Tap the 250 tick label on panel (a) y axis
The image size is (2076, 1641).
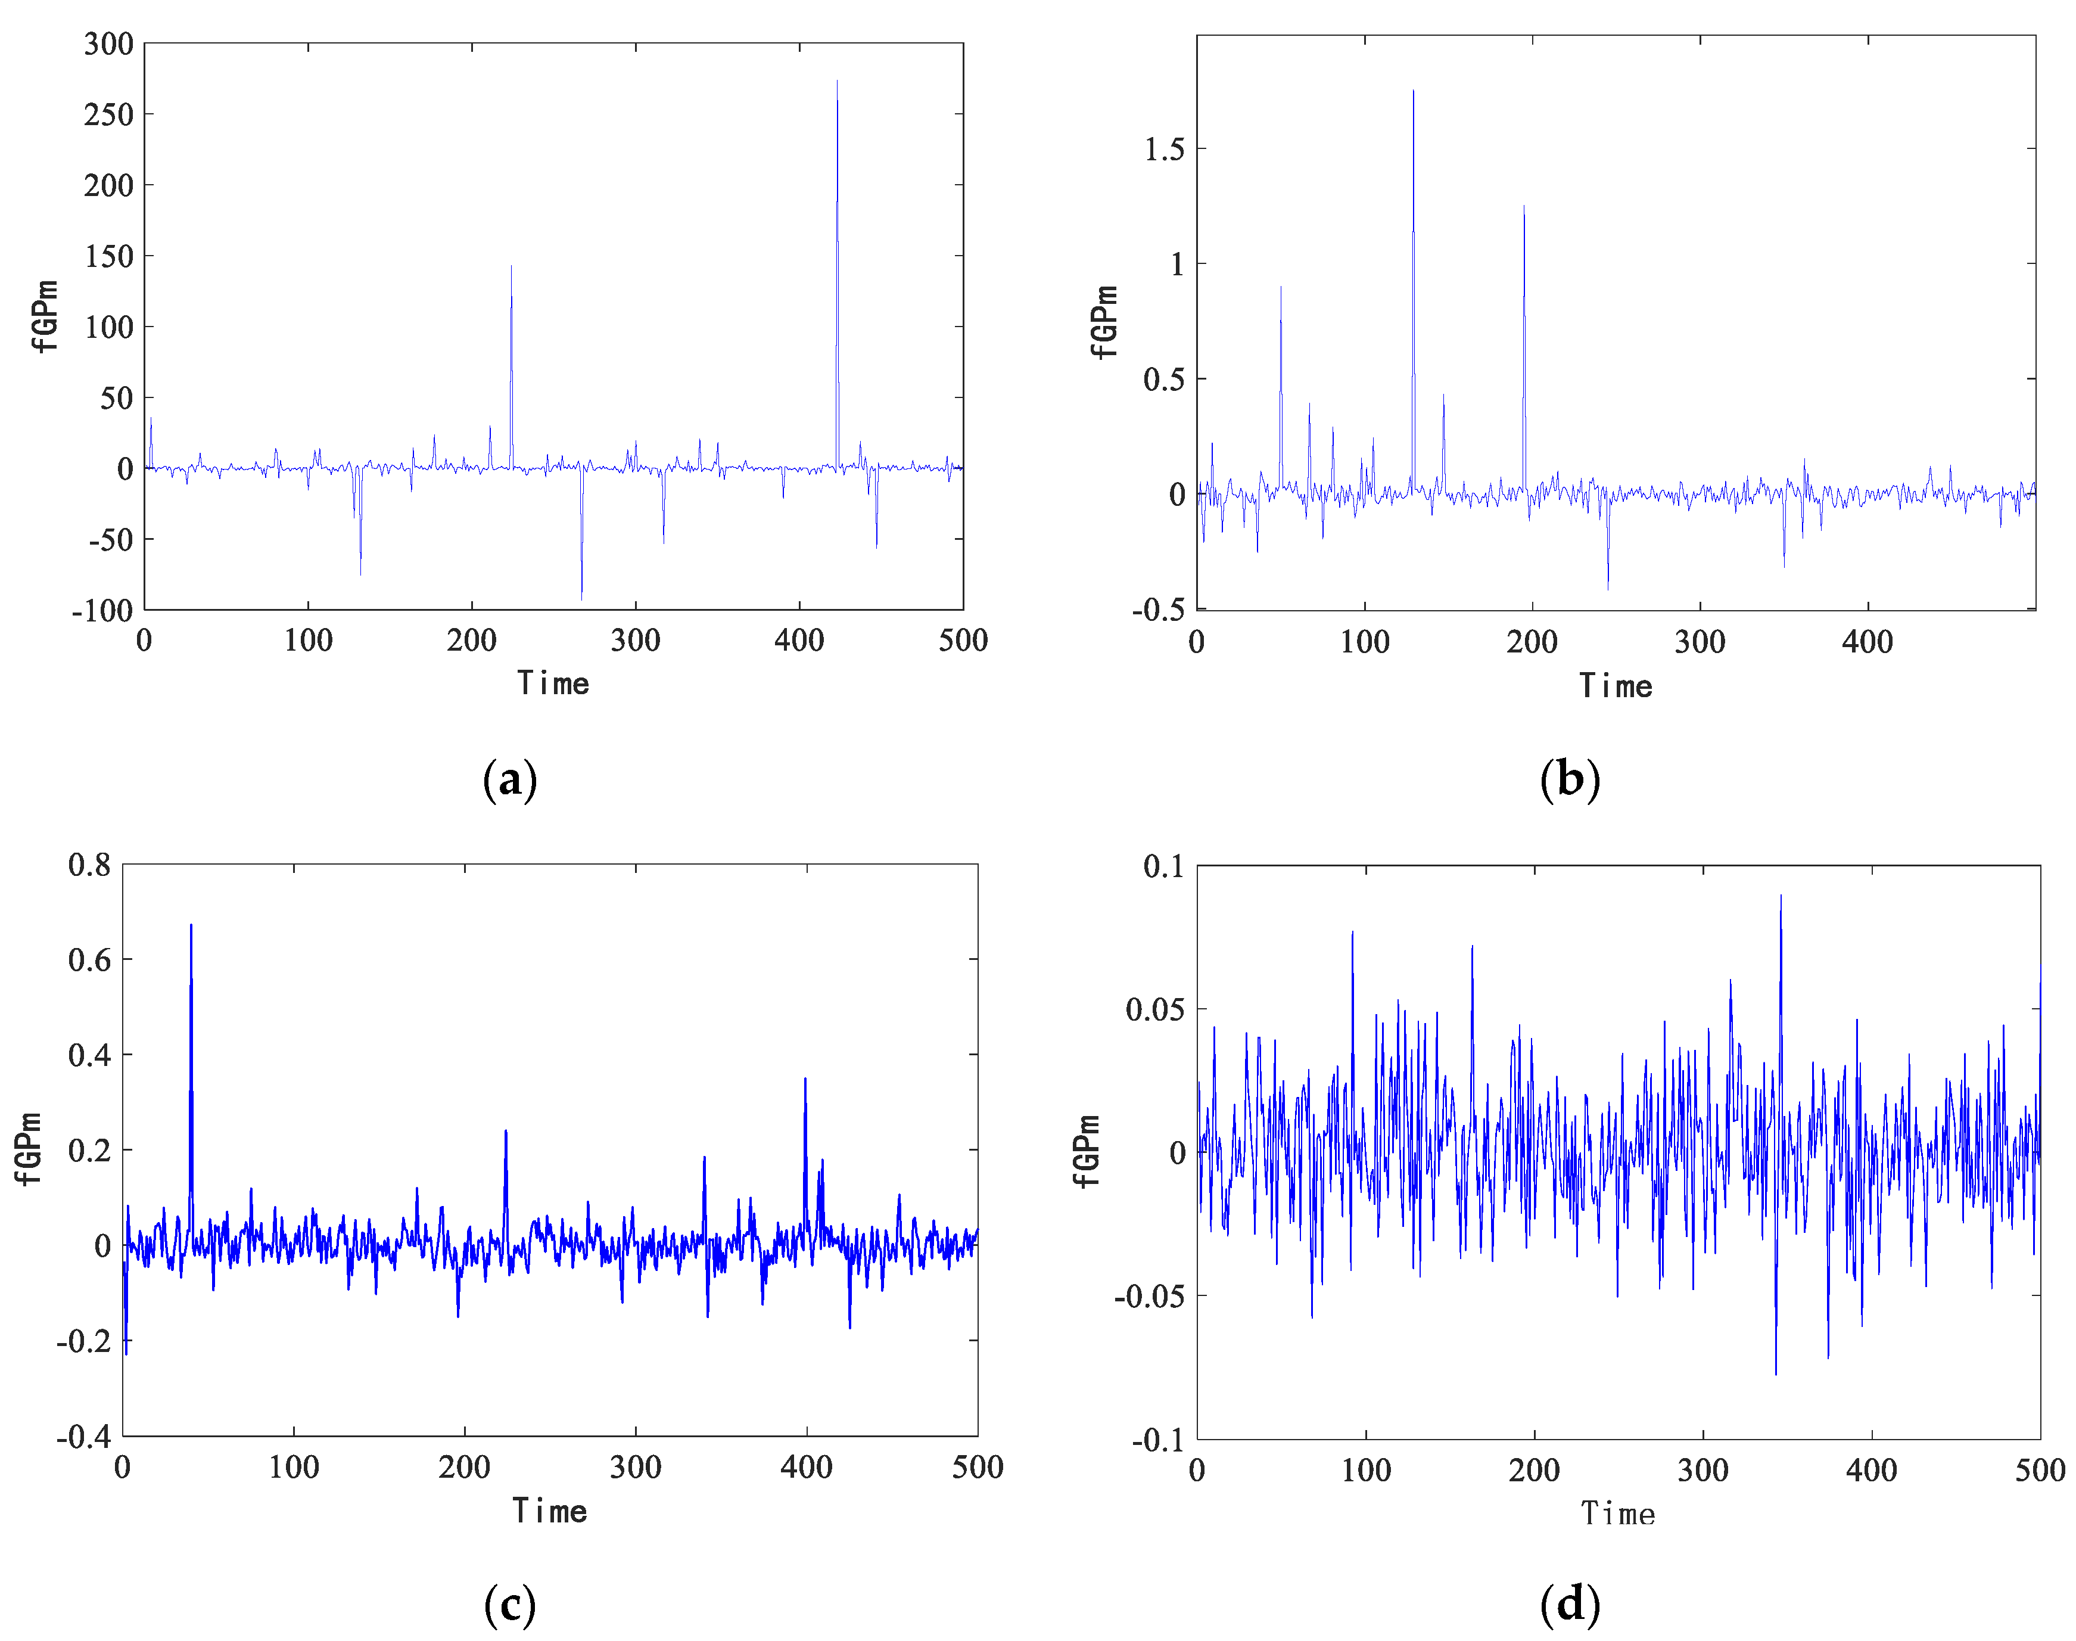[x=108, y=114]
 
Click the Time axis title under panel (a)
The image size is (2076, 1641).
[x=553, y=683]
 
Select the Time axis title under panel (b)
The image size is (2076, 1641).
[x=1616, y=686]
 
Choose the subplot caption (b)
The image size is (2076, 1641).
[x=1570, y=778]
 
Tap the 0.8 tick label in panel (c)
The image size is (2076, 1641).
[x=89, y=865]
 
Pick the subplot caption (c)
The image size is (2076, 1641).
[x=510, y=1605]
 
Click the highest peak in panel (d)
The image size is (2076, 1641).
[x=1780, y=896]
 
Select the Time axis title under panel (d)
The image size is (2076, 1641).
[x=1618, y=1514]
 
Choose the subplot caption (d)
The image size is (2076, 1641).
[x=1570, y=1605]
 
